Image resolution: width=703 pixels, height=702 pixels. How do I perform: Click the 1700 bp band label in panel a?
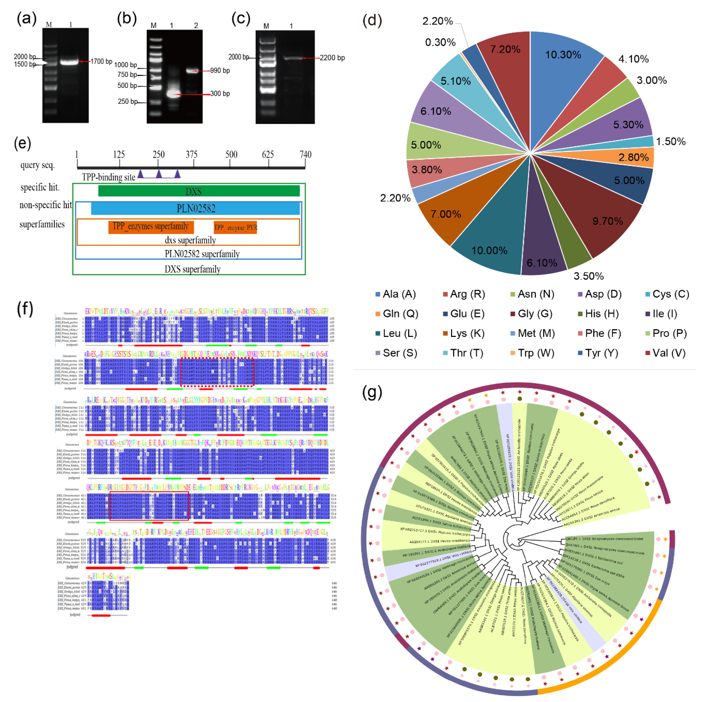(101, 62)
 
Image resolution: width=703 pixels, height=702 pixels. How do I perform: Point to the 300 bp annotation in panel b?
(220, 93)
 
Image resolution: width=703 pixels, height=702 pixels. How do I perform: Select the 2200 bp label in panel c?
(332, 58)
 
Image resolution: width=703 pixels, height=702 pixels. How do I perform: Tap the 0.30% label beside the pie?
(440, 43)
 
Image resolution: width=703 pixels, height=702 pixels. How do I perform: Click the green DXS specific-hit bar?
(199, 191)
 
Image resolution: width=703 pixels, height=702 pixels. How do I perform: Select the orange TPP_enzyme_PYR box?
(235, 228)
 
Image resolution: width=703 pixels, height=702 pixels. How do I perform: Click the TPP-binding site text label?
(108, 177)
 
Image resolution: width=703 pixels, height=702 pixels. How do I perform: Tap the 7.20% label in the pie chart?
(505, 49)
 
